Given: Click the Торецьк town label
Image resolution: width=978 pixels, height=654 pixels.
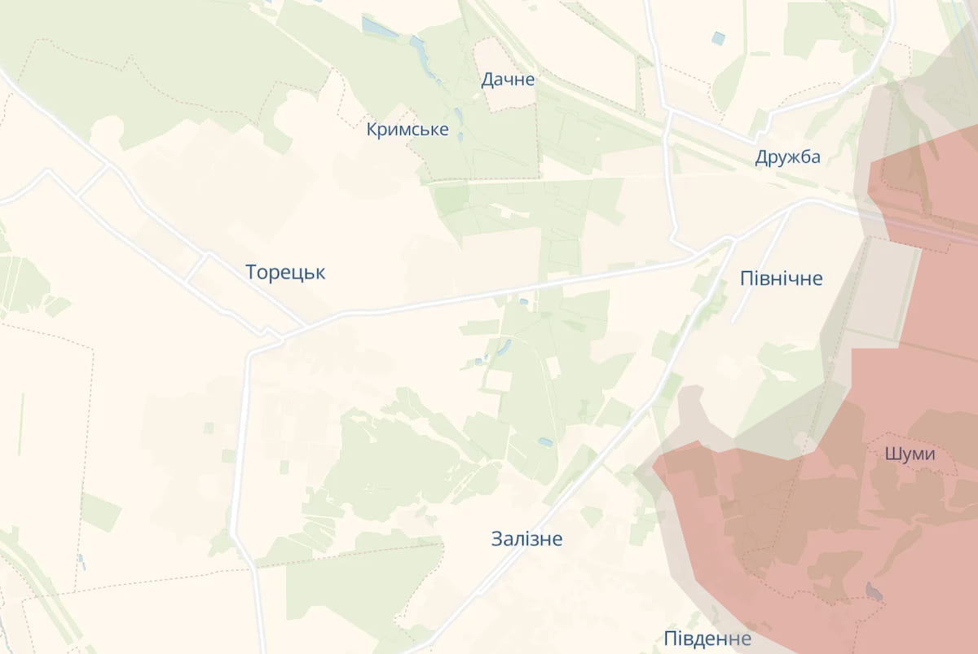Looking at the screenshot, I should point(285,273).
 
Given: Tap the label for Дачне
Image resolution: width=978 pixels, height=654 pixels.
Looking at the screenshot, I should point(508,80).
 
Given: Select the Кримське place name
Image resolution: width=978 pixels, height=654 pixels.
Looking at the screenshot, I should point(407,129).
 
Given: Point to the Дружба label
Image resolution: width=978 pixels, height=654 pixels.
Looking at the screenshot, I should point(787,157).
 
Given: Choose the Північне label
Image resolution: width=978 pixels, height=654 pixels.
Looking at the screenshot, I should point(782,279).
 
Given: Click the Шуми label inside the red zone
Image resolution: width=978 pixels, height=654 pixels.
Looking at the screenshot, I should point(910,454).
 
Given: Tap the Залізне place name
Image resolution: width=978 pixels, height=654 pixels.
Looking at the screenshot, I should point(526,538).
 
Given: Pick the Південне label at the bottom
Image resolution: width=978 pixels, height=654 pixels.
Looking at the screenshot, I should point(707,638).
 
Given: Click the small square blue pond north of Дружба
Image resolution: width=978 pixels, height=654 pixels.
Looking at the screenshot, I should point(718,37).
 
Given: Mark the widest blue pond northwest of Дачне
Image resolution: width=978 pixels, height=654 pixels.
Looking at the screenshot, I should point(379,28).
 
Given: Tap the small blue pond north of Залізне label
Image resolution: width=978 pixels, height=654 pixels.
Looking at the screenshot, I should point(544,442).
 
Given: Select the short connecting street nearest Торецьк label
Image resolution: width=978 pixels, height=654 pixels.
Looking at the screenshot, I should point(196,268).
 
